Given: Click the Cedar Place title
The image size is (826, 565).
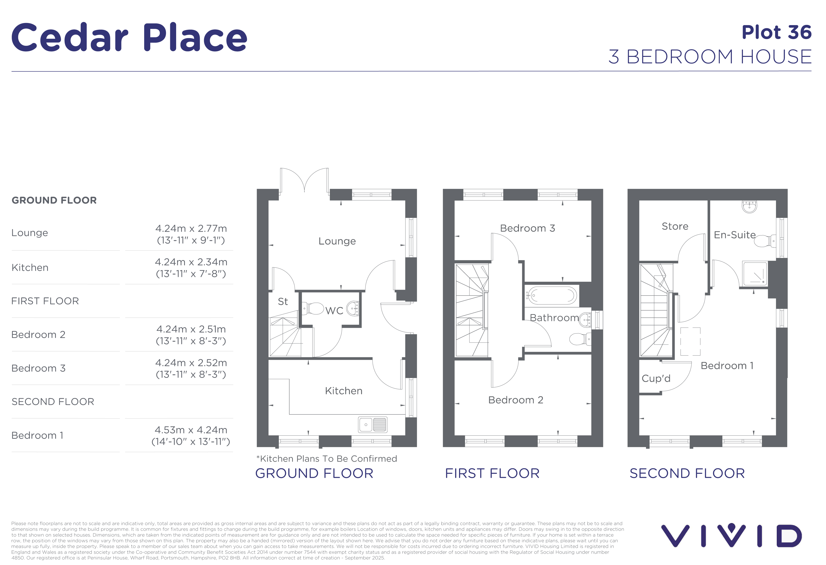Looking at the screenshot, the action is tap(129, 37).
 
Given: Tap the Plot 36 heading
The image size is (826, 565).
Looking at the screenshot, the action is tap(777, 32).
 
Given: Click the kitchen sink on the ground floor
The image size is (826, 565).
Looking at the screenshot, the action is tap(372, 425).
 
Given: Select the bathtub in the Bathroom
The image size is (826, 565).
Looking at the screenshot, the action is tap(552, 295).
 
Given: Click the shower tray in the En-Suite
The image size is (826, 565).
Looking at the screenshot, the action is tap(755, 273).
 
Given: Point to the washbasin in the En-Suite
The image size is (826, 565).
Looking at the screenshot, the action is tap(749, 206).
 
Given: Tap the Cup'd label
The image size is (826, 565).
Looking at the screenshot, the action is tap(656, 378).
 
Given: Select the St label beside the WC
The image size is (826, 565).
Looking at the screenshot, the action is tap(283, 302).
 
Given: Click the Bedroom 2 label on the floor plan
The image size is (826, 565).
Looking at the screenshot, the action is tap(516, 400).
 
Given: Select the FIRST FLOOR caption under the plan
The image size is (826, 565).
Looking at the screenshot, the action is tap(492, 473).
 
